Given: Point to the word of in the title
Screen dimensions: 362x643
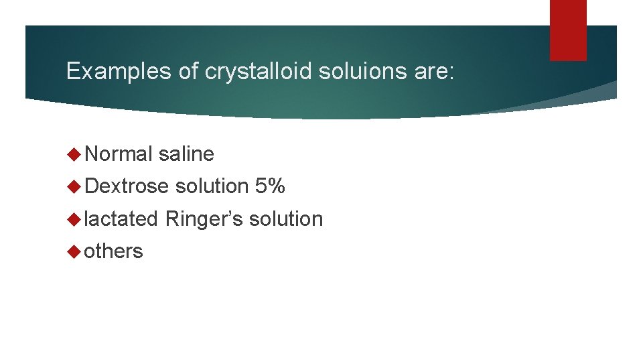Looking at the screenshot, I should click(x=189, y=72).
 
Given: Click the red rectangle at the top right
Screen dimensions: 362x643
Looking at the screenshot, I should click(x=568, y=29).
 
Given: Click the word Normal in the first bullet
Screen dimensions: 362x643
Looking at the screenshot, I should click(x=119, y=154).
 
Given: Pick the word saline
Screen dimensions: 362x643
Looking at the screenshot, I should click(x=186, y=154).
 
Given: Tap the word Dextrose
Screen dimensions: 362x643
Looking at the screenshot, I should click(x=127, y=186).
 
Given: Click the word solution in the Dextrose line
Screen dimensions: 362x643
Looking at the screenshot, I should click(x=212, y=186).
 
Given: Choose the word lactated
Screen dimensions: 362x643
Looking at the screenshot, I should click(x=121, y=219).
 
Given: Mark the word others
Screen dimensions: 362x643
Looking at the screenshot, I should click(x=114, y=251).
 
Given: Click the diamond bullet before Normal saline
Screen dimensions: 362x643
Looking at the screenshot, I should click(x=74, y=155).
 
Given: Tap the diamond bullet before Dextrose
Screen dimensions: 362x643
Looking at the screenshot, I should click(x=74, y=187).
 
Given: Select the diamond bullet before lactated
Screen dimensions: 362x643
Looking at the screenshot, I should click(x=74, y=219).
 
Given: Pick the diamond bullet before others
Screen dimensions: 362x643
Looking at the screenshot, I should click(x=74, y=251).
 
